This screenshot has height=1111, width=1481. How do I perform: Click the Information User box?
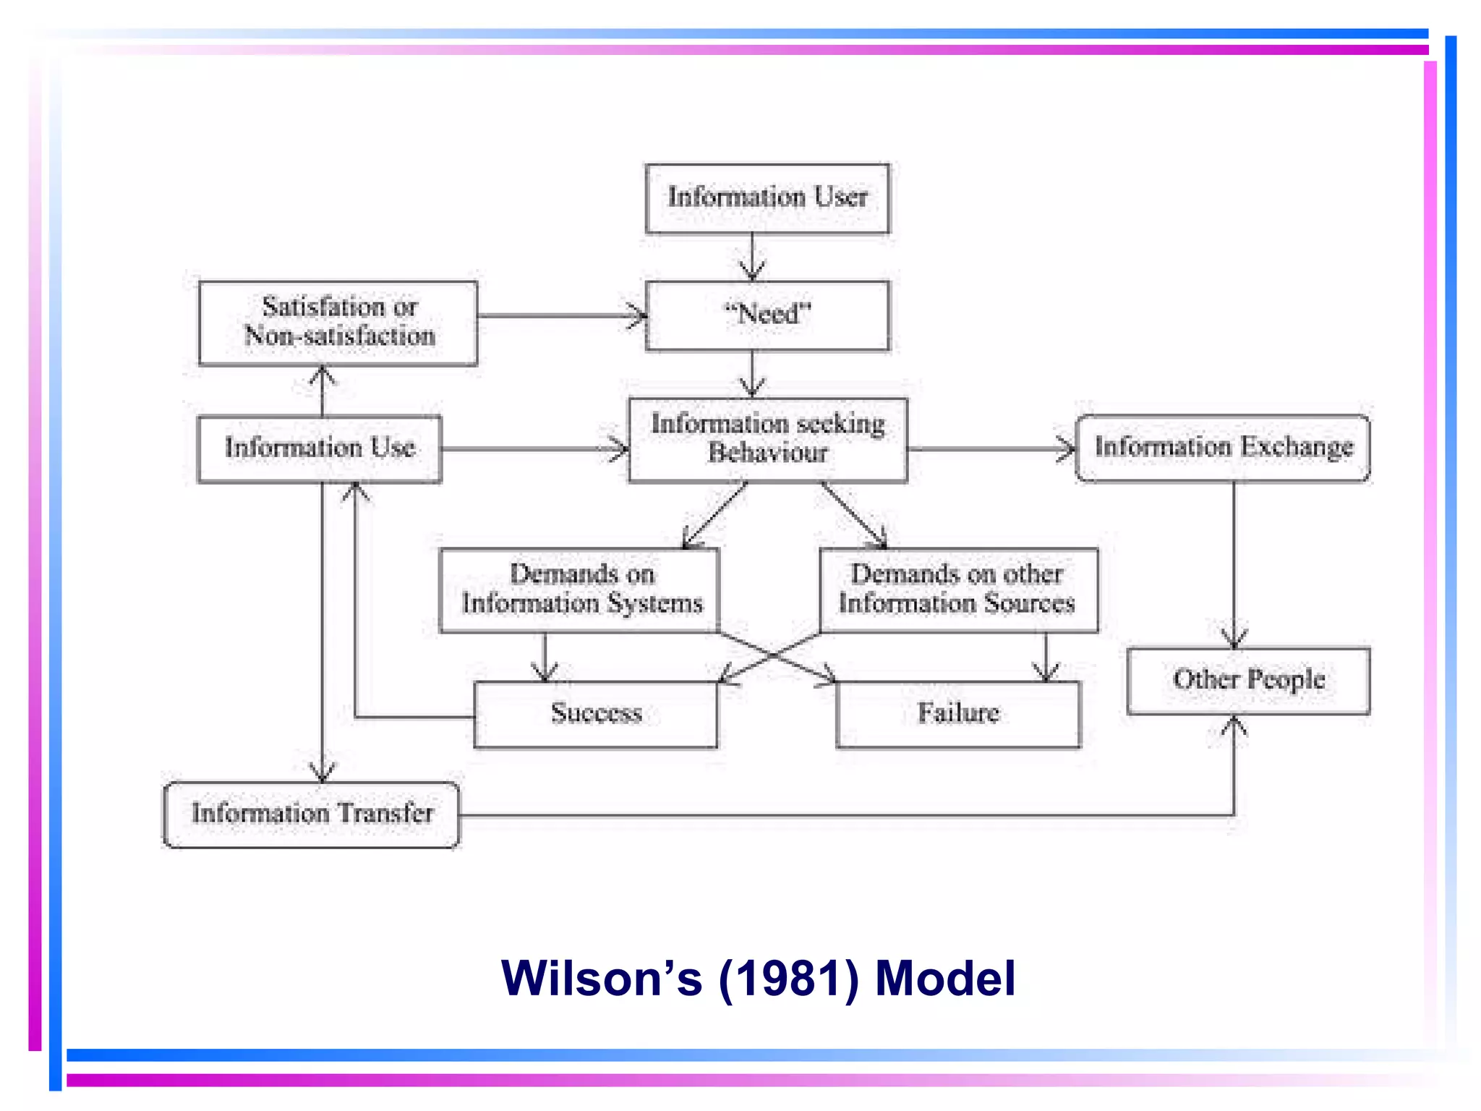tap(767, 198)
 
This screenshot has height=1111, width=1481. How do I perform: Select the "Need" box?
tap(767, 315)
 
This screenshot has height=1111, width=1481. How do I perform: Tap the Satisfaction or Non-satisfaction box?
tap(338, 323)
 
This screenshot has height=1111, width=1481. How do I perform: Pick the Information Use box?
tap(320, 448)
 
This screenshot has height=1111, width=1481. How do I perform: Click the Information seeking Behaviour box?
tap(767, 439)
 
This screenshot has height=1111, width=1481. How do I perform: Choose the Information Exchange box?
tap(1223, 448)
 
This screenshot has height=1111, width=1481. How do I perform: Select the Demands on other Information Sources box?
tap(957, 589)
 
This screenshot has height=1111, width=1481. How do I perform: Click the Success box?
tap(596, 714)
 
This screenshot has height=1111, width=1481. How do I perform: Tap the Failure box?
tap(958, 714)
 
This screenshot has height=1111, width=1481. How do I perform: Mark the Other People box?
tap(1248, 680)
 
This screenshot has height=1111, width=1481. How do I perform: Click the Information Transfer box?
tap(312, 814)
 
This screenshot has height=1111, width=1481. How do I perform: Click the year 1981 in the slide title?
tap(788, 979)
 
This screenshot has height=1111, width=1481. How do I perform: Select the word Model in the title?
tap(945, 979)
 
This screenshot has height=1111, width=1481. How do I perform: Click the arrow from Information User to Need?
tap(752, 257)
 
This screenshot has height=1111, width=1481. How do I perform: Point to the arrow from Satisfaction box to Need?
tap(561, 316)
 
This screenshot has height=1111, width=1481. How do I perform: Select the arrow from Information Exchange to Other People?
tap(1234, 564)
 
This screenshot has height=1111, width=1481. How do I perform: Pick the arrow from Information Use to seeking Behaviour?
tap(535, 449)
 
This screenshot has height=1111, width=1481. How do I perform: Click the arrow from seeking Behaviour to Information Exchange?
tap(991, 449)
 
